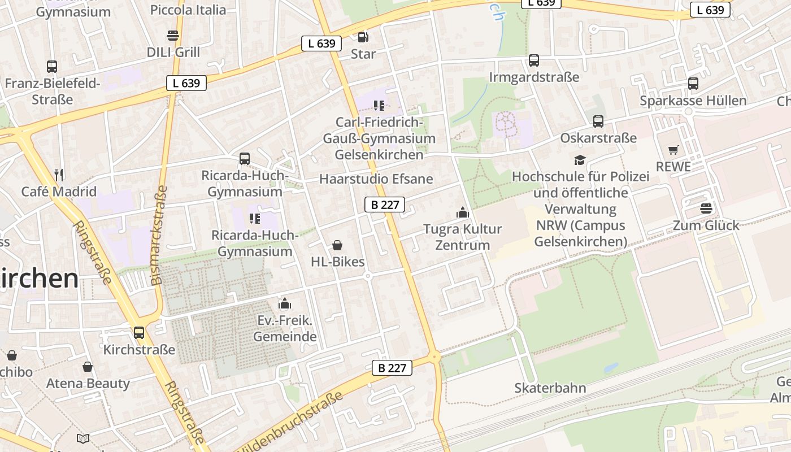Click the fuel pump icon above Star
click(363, 37)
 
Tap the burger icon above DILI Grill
click(173, 36)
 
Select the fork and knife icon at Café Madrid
click(59, 175)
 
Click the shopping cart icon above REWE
click(673, 150)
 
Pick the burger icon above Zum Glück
click(706, 208)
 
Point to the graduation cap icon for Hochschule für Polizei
click(580, 160)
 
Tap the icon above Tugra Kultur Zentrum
click(463, 212)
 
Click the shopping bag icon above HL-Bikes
click(337, 245)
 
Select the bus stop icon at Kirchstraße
click(139, 333)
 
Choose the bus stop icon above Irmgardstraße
click(534, 60)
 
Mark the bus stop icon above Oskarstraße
click(598, 121)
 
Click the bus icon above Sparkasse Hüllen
click(693, 84)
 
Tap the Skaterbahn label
click(550, 388)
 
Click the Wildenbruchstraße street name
click(290, 424)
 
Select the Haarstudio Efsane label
click(376, 179)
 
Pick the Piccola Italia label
click(188, 10)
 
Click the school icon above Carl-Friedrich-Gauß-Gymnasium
click(379, 105)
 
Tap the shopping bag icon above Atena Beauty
click(88, 367)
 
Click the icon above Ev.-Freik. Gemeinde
click(285, 304)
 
